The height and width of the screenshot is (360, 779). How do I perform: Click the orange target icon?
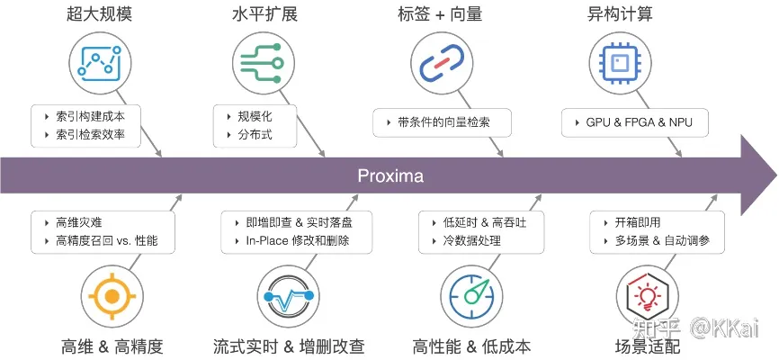112,296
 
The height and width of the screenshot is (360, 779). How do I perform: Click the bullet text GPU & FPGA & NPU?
634,121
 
